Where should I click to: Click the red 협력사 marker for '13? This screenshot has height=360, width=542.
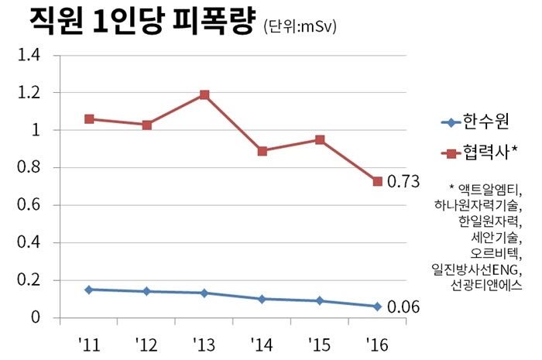tap(204, 94)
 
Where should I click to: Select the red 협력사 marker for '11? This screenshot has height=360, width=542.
tap(89, 119)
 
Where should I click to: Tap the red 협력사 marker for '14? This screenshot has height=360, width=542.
tap(262, 151)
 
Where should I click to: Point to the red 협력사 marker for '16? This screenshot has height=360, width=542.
tap(377, 181)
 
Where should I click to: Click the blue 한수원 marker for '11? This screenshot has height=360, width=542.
tap(89, 290)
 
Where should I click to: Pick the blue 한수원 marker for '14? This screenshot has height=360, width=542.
tap(262, 299)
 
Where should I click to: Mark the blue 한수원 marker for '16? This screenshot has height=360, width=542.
tap(377, 307)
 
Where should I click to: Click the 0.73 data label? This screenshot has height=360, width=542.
tap(403, 182)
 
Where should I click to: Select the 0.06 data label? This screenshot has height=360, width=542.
tap(403, 307)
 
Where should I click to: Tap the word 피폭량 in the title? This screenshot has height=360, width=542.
tap(210, 21)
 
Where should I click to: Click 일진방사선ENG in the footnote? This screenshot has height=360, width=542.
tap(478, 270)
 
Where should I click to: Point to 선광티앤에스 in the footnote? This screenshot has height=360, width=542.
tap(486, 286)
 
